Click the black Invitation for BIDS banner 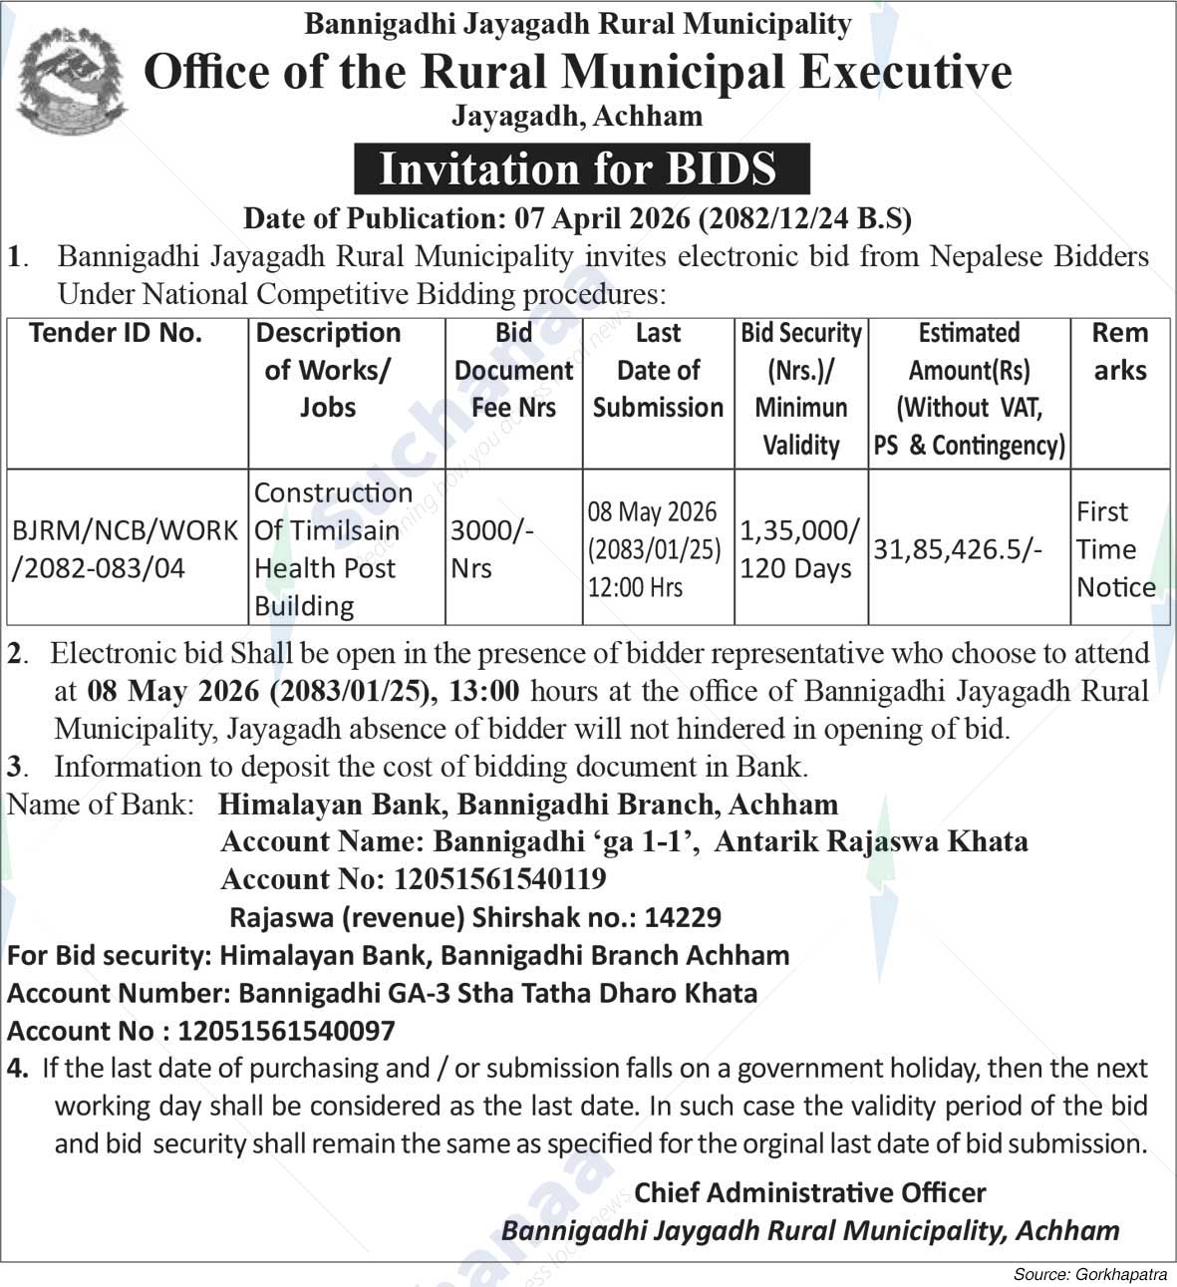[581, 168]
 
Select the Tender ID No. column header [116, 333]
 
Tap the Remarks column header [1119, 351]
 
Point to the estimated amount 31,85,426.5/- [958, 548]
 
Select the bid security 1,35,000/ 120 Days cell [799, 548]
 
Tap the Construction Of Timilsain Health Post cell [333, 548]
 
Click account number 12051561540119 [500, 878]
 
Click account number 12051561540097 [286, 1030]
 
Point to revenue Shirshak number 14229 [683, 916]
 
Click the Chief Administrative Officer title [809, 1191]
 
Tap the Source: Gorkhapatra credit [1089, 1274]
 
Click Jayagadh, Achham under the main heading [577, 117]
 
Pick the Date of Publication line [577, 217]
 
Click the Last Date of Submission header [658, 370]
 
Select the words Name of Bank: [101, 804]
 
